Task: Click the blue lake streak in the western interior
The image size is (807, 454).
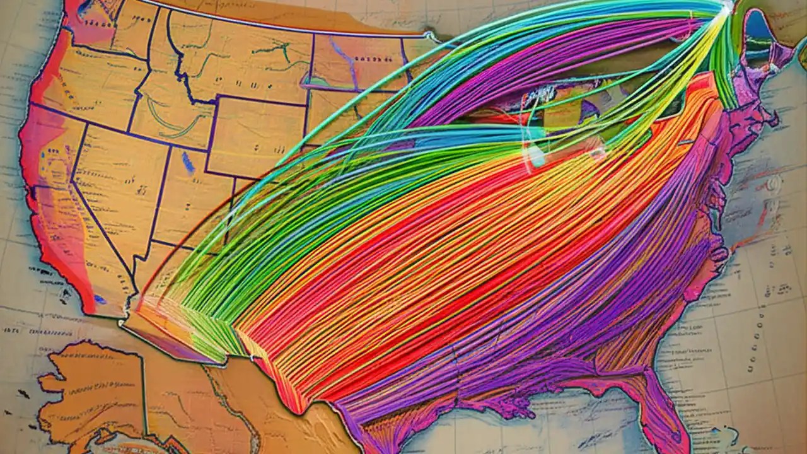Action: tap(188, 163)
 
